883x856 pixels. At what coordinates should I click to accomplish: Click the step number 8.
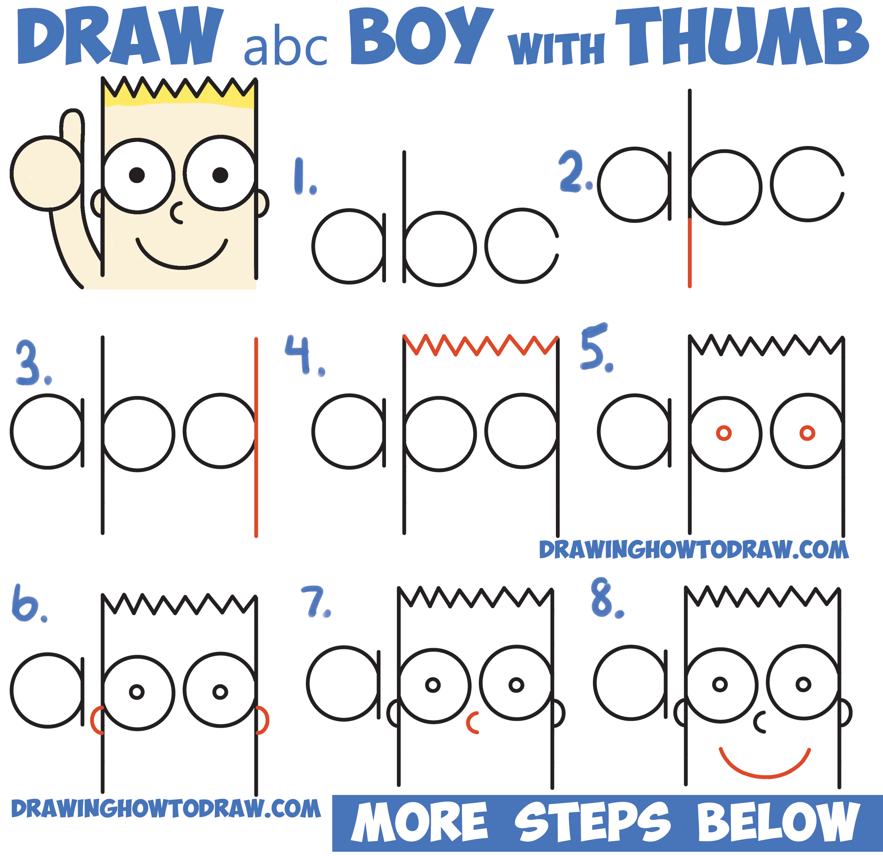point(606,600)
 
